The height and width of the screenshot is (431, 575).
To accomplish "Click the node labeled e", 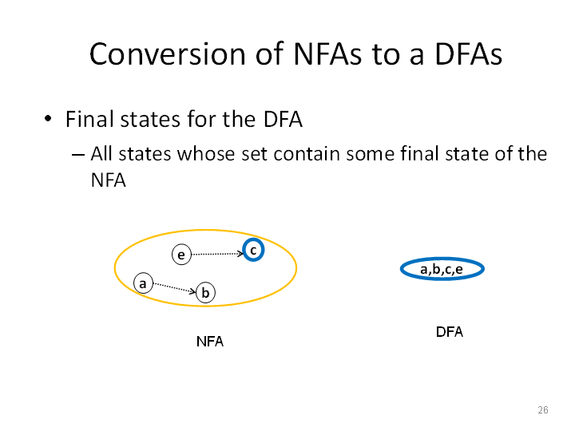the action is [x=181, y=255].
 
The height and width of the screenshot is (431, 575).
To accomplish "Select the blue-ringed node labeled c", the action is [x=253, y=250].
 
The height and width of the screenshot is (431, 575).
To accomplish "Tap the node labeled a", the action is [x=143, y=283].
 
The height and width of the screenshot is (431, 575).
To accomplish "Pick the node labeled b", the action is [x=205, y=292].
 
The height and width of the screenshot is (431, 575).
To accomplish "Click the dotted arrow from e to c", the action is [x=217, y=254].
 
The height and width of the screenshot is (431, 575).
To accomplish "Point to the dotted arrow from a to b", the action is [x=175, y=287].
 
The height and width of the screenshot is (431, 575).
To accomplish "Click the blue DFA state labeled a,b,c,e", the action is [x=442, y=269].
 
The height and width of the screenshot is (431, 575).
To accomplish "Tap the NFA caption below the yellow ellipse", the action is [x=210, y=342].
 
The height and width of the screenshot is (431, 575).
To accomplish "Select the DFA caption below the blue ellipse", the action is [x=449, y=332].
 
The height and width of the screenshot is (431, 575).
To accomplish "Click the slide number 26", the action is [x=543, y=409].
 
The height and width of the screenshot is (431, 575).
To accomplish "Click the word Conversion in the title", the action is [x=167, y=54].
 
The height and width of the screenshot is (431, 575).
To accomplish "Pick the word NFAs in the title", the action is [x=327, y=54].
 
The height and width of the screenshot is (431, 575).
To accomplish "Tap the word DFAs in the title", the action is [x=468, y=54].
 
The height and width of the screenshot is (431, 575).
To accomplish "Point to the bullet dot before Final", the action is [x=48, y=119].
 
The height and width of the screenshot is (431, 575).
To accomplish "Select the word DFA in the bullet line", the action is [x=283, y=119].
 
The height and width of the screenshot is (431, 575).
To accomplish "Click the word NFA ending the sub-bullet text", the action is [x=108, y=180].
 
